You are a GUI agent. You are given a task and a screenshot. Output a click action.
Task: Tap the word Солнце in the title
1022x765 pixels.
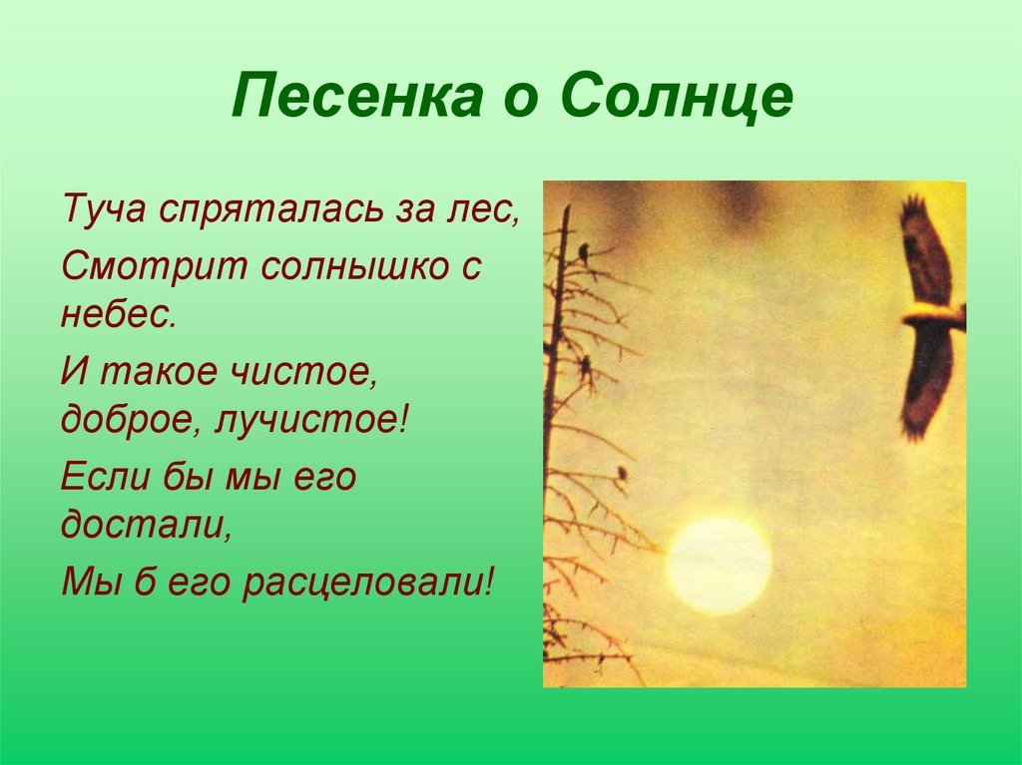(x=678, y=96)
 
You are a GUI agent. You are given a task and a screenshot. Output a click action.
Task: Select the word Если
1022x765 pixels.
(x=106, y=476)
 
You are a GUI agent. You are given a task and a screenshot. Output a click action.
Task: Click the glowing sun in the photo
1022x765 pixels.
(x=719, y=565)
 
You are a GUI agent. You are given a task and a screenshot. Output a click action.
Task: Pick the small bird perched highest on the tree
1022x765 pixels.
(x=583, y=252)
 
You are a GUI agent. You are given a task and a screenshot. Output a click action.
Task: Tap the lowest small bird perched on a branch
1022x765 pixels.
(x=622, y=473)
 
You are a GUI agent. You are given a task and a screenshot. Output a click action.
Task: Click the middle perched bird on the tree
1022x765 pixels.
(x=586, y=370)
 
